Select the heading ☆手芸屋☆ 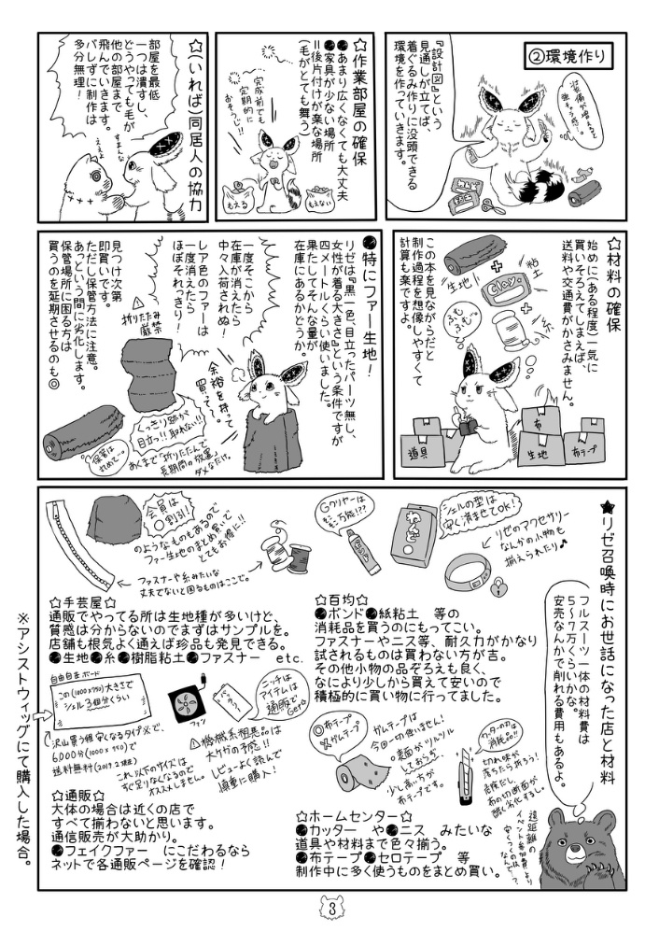pyautogui.click(x=85, y=603)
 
